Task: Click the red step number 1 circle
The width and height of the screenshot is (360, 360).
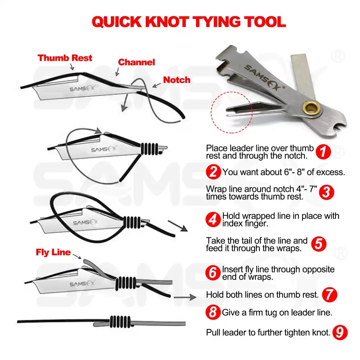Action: [x=323, y=152]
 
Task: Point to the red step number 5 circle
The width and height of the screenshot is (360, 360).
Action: [x=318, y=244]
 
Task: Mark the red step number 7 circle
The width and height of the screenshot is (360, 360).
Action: [x=329, y=294]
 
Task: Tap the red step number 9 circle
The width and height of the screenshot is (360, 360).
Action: [x=340, y=332]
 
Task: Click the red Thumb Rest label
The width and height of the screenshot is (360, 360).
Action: [x=65, y=58]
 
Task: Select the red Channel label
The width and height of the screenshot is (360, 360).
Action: [x=136, y=62]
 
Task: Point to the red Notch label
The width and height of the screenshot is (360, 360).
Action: [x=177, y=80]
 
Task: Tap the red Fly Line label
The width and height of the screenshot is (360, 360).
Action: [x=53, y=252]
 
